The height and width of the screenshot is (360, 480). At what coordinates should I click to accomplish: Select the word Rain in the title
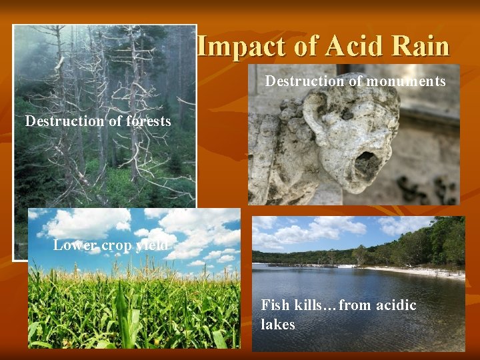tap(420, 47)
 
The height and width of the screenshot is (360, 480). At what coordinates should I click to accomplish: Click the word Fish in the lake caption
tap(275, 305)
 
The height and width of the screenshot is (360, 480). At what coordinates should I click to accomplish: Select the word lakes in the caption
tap(278, 325)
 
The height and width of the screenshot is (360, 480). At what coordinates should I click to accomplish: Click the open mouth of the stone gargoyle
tap(365, 162)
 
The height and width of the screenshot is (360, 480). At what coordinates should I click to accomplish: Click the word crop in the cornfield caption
tap(117, 245)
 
